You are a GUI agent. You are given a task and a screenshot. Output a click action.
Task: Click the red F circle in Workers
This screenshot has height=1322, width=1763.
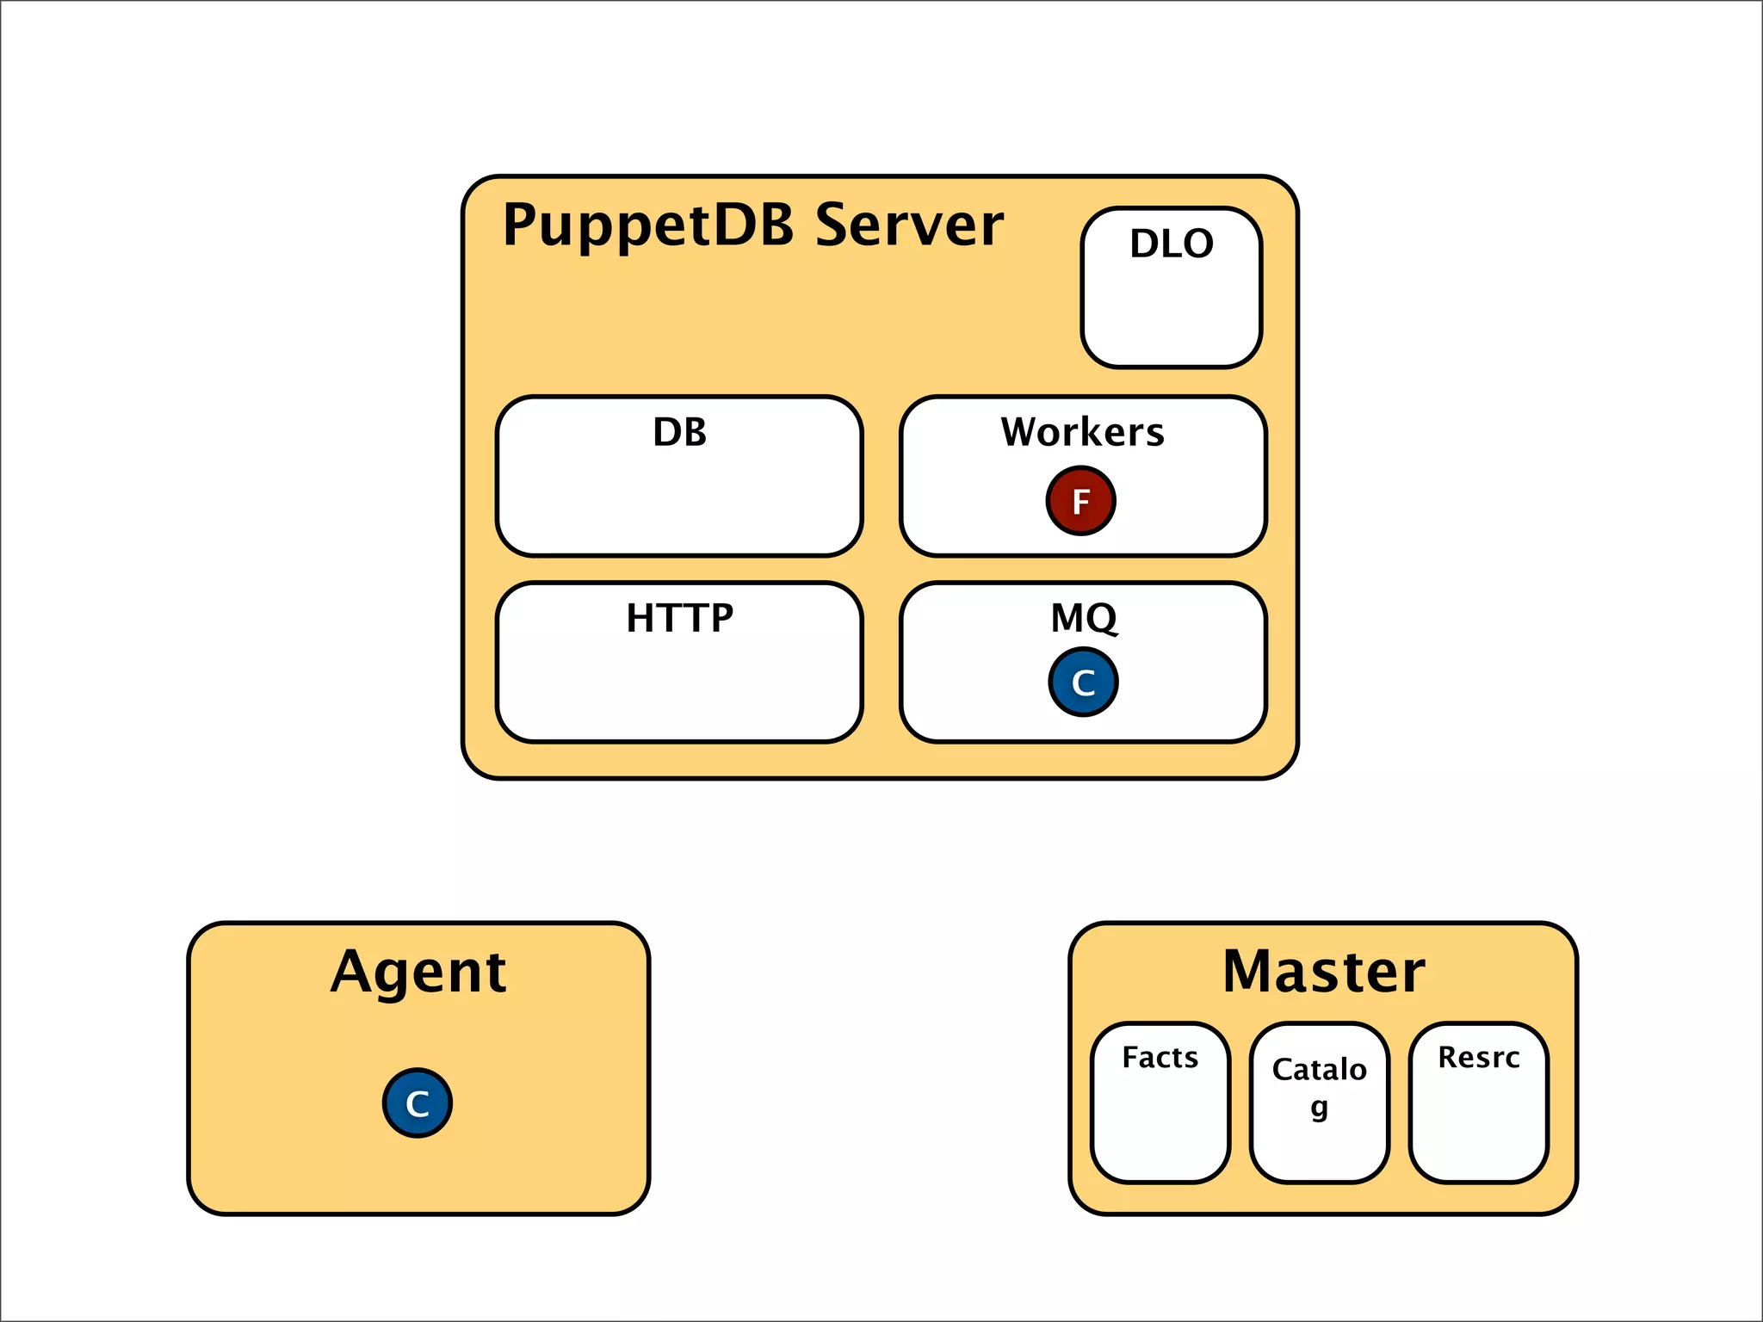point(1080,501)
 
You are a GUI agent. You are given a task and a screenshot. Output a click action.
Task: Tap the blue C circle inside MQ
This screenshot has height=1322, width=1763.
point(1083,683)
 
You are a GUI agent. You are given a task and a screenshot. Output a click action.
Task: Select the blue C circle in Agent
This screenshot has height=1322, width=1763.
point(418,1103)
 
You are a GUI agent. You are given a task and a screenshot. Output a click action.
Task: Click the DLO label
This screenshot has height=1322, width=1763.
point(1171,244)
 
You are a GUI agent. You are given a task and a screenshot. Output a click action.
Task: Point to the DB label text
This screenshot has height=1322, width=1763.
point(679,432)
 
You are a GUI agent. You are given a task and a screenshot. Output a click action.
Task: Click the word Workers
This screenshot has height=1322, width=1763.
point(1082,432)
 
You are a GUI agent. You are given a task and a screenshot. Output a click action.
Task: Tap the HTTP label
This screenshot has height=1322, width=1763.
point(679,618)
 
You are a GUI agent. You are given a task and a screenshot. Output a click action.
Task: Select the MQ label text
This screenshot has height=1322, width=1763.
point(1083,618)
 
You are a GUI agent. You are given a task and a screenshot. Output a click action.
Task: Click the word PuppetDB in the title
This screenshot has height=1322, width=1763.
point(647,225)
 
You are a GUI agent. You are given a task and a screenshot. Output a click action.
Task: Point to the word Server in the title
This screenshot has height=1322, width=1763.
point(909,225)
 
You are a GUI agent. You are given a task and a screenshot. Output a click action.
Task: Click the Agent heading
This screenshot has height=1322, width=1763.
point(418,973)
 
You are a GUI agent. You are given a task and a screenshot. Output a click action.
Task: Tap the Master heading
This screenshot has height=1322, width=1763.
point(1323,973)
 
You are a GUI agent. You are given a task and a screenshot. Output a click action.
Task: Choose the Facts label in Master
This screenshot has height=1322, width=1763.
point(1160,1057)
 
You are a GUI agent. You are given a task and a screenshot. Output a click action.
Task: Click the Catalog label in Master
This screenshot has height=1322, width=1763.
point(1319,1070)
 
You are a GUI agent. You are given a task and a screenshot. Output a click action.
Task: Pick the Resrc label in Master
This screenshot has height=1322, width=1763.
point(1478,1057)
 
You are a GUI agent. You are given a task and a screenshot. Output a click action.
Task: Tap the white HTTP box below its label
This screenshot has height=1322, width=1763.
point(679,689)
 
